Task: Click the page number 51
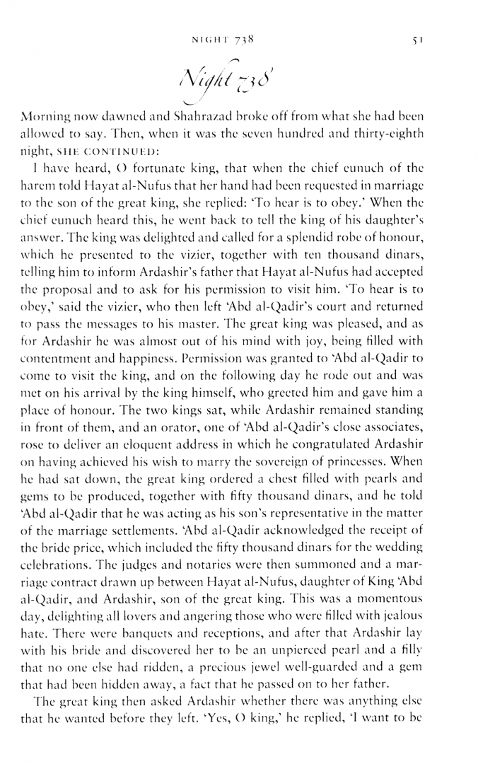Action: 418,40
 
